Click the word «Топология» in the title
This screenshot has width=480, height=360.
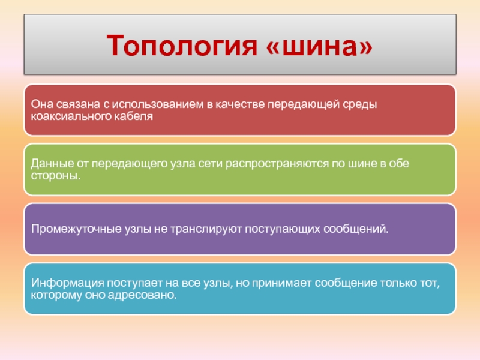click(182, 46)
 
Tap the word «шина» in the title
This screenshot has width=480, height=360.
click(320, 47)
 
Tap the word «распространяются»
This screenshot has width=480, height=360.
click(277, 164)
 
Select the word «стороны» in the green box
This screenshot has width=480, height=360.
click(54, 176)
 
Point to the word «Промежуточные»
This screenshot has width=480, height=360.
click(76, 229)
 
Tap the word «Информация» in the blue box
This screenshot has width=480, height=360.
click(67, 283)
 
